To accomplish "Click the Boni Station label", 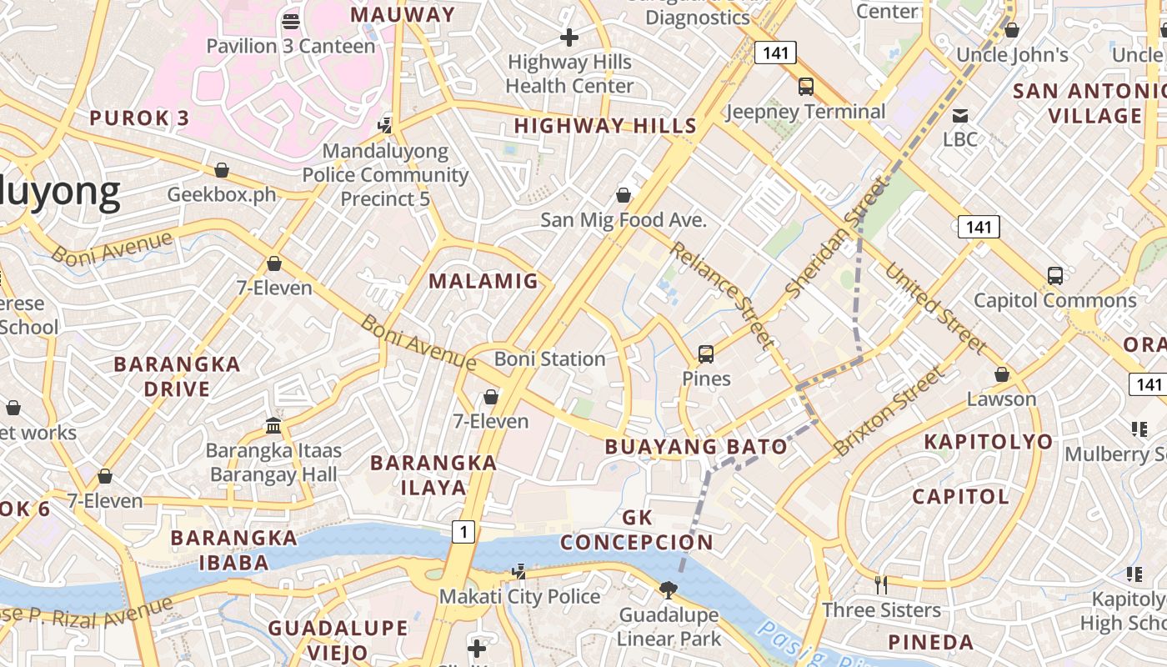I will coord(549,359).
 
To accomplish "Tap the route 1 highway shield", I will coord(463,531).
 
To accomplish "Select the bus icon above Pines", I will coord(706,354).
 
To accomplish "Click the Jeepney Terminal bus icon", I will coord(805,86).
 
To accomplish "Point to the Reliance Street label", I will coord(722,294).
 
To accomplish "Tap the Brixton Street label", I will coord(889,411).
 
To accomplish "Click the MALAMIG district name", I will coord(483,281).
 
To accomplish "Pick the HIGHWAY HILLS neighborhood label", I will coord(605,126).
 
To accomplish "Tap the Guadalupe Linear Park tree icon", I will coord(668,590).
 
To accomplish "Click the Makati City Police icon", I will coord(519,572).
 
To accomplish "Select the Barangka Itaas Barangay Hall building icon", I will coord(273,426).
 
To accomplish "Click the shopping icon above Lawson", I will coord(1001,374).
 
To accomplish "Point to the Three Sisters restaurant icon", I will coord(881,585).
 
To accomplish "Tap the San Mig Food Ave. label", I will coord(623,220).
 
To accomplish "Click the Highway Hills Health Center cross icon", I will coord(569,38).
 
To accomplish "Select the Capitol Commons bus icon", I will coord(1054,276).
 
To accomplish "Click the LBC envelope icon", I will coord(960,115).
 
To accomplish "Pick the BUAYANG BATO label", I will coord(696,446).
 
